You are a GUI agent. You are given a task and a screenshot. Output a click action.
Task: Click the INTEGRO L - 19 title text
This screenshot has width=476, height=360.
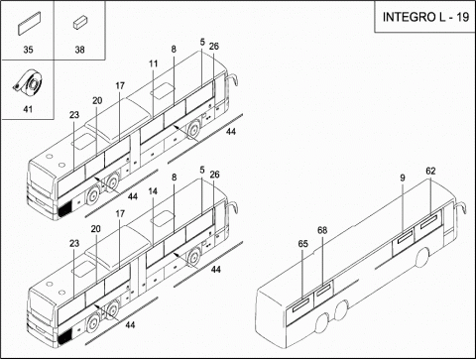425,17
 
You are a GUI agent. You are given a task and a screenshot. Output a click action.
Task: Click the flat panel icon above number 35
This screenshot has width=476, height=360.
29,24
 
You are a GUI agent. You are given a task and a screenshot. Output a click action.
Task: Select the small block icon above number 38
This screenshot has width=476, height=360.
79,24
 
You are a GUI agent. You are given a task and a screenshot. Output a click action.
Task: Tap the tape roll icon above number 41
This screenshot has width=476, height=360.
28,83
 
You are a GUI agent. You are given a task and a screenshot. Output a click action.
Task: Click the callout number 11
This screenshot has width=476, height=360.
154,63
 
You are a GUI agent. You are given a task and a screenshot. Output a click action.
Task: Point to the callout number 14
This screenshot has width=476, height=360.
153,191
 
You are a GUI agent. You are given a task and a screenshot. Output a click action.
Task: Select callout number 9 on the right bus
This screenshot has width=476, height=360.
403,179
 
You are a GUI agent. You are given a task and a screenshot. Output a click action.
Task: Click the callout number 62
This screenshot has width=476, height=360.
430,172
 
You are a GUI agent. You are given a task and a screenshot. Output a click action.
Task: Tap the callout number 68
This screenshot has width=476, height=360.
322,230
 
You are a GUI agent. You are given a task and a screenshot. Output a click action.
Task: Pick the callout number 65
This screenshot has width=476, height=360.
302,244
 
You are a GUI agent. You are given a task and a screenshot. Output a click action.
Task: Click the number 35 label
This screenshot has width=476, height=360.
28,50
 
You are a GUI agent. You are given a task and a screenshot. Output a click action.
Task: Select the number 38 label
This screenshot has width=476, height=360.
79,50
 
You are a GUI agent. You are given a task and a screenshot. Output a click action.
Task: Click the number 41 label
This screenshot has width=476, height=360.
28,109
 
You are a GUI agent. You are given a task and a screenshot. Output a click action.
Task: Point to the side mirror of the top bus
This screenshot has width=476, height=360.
232,79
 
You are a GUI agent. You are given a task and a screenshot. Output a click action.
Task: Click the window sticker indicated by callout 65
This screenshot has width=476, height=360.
300,304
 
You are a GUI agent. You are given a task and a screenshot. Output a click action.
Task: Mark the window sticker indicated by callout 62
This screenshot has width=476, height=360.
428,221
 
